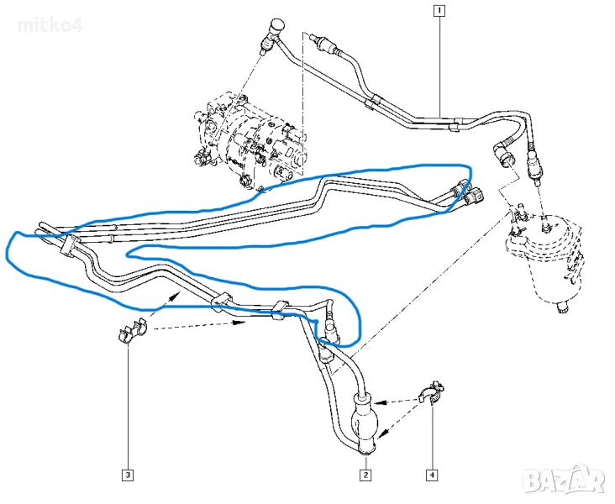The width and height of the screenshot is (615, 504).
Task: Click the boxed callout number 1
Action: (x=439, y=11)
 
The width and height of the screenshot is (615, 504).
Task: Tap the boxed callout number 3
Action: (x=128, y=476)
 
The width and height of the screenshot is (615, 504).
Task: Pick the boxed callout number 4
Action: (x=432, y=476)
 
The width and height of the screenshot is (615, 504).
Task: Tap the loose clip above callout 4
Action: (x=434, y=393)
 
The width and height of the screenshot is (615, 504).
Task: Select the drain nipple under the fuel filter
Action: (x=561, y=311)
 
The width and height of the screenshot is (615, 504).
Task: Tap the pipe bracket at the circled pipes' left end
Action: (x=69, y=245)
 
